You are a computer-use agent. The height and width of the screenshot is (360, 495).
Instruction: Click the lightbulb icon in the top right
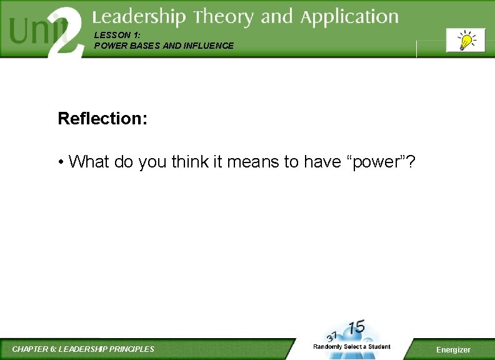pos(466,41)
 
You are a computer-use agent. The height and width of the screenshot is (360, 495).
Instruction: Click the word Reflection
pos(101,118)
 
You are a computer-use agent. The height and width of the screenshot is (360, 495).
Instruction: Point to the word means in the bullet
pos(254,162)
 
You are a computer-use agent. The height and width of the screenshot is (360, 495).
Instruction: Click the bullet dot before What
pos(61,162)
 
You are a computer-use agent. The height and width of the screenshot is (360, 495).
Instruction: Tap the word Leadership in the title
pos(139,17)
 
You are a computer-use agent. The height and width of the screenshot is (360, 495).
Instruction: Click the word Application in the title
pos(349,17)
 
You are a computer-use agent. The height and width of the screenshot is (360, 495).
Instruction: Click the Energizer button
pos(453,349)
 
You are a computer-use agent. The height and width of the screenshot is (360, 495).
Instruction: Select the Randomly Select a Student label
pos(352,347)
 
